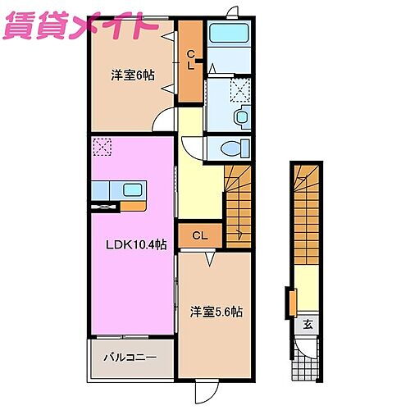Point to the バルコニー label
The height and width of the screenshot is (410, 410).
point(128,357)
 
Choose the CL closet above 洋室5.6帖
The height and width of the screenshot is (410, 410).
point(199,236)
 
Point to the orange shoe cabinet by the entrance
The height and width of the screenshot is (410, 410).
point(291,301)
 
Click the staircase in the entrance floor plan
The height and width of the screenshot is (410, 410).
point(305,214)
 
